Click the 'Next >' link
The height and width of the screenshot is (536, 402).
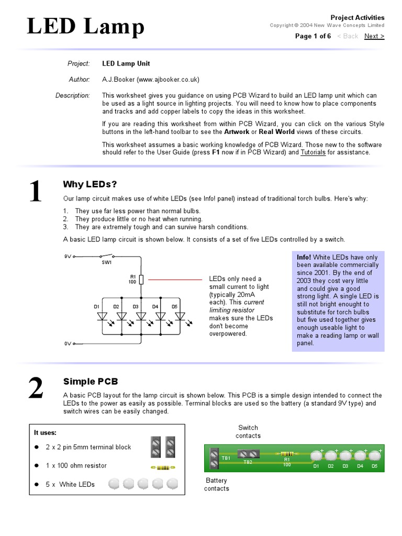pyautogui.click(x=374, y=36)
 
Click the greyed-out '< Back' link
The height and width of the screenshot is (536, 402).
pyautogui.click(x=348, y=36)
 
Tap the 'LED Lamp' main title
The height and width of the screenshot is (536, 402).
pyautogui.click(x=86, y=27)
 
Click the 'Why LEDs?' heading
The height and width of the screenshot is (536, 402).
pyautogui.click(x=90, y=184)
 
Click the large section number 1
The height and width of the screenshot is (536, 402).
pyautogui.click(x=35, y=192)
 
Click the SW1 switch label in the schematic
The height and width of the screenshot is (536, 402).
pyautogui.click(x=107, y=262)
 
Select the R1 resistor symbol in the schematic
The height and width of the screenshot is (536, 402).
pyautogui.click(x=141, y=279)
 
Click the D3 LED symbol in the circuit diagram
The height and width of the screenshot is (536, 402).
pyautogui.click(x=141, y=316)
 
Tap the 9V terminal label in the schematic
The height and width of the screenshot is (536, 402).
pyautogui.click(x=68, y=256)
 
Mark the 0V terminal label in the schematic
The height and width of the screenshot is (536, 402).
pyautogui.click(x=68, y=343)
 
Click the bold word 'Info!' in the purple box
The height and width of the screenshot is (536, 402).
pyautogui.click(x=304, y=257)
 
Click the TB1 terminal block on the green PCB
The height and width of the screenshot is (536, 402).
pyautogui.click(x=214, y=459)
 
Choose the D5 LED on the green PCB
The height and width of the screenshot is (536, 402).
pyautogui.click(x=374, y=456)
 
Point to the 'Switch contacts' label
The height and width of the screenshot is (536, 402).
pyautogui.click(x=248, y=431)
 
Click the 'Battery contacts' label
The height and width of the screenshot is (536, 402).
pyautogui.click(x=216, y=484)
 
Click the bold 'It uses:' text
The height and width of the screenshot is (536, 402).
pyautogui.click(x=45, y=432)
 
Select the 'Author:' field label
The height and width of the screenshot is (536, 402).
pyautogui.click(x=80, y=80)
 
